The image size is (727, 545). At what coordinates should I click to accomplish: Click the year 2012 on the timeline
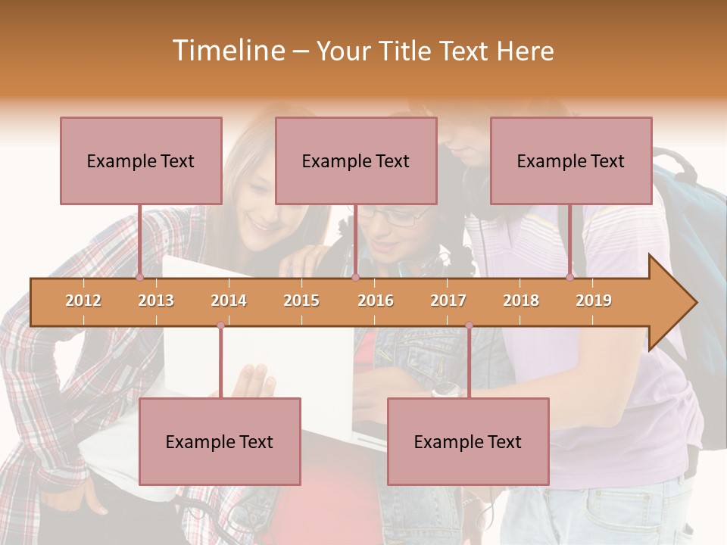pos(83,301)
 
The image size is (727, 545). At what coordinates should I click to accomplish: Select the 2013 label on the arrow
pos(156,301)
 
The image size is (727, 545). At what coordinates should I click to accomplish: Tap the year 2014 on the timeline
pos(229,301)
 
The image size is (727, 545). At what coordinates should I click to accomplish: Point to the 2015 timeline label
pos(301,301)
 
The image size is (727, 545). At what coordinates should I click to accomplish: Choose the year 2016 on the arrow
pos(376,301)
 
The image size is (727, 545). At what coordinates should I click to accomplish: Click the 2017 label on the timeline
pos(448,301)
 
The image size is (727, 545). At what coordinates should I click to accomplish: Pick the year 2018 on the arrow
pos(521,301)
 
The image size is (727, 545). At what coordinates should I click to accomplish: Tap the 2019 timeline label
pos(594,301)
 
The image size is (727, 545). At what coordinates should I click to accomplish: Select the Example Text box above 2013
pos(141,160)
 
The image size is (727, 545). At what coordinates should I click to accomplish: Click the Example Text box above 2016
pos(356,160)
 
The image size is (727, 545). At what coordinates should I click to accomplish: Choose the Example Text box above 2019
pos(571,160)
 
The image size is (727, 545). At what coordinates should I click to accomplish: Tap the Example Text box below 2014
pos(220,441)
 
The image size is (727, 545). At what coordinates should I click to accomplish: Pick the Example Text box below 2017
pos(468,441)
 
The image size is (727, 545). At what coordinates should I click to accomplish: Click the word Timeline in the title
pos(227,51)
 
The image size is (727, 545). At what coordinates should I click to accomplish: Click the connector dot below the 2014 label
pos(220,325)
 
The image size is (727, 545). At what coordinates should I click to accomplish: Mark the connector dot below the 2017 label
pos(469,325)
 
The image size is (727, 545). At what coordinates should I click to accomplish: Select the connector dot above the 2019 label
pos(569,277)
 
